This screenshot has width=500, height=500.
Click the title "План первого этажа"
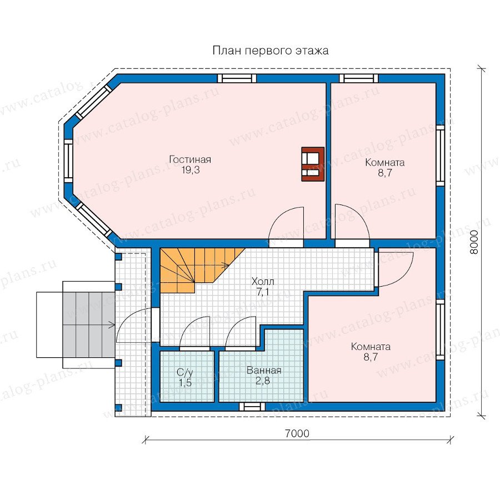pos(271,51)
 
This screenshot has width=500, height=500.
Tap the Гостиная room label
pos(190,159)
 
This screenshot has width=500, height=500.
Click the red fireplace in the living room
pos(313,164)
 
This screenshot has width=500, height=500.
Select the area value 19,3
pos(191,170)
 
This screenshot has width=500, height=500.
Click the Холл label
pos(263,282)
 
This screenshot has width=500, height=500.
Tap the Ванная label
pos(264,371)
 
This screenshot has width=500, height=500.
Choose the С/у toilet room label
pos(185,372)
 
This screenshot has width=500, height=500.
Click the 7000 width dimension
pos(297,433)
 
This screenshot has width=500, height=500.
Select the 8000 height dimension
pos(474,242)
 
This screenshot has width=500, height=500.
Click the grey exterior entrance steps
pos(89,325)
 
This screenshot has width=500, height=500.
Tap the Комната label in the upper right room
pos(385,163)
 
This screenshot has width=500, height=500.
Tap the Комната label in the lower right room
pos(371,347)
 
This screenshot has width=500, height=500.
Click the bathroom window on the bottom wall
pos(252,407)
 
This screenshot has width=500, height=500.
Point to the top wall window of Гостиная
pos(237,78)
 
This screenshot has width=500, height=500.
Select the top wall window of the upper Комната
pos(359,78)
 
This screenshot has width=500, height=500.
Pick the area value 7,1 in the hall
pos(263,292)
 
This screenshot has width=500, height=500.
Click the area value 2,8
pos(263,381)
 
